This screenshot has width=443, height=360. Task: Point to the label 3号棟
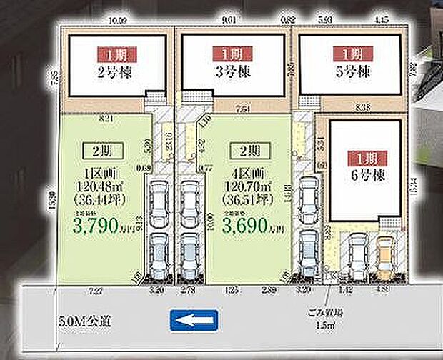230,72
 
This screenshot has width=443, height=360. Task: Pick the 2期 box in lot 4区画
245,151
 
